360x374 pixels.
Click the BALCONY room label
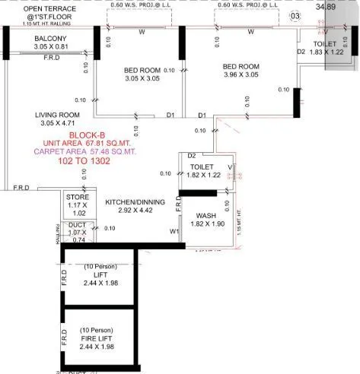50,39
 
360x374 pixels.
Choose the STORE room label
78,197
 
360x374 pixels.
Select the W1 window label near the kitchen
174,231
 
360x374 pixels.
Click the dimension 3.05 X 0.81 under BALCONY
50,47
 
